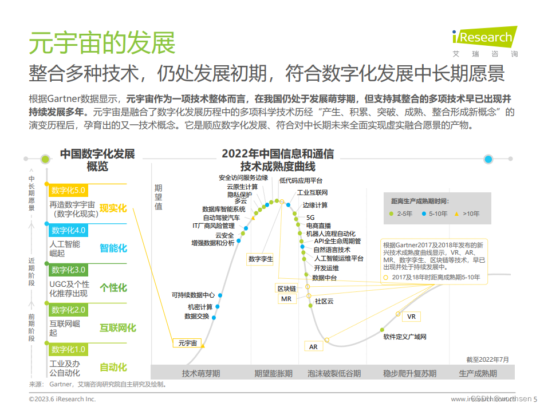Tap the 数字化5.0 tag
[68, 191]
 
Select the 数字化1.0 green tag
[68, 349]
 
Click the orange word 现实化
[113, 208]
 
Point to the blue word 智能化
[113, 248]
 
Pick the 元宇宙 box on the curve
[187, 343]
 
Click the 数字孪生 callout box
[261, 259]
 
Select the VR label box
[411, 317]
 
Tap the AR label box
[313, 347]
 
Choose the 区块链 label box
[286, 288]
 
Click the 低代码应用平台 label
[301, 180]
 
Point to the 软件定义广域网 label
[405, 337]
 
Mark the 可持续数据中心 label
[193, 295]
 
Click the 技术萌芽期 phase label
[200, 373]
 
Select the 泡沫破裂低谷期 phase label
[334, 373]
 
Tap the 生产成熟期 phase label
[478, 373]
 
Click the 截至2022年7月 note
[487, 359]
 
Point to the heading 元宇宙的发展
[102, 43]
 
